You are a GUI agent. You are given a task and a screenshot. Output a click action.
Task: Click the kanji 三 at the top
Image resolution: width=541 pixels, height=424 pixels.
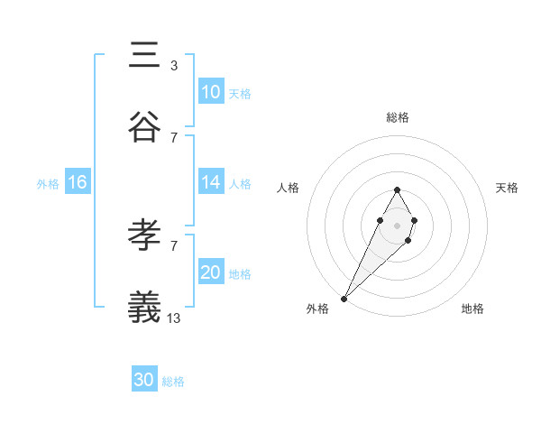click(145, 56)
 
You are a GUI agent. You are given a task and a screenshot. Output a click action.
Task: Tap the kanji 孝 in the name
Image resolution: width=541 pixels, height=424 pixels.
click(145, 235)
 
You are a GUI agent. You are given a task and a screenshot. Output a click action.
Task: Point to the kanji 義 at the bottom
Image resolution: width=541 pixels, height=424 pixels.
click(145, 308)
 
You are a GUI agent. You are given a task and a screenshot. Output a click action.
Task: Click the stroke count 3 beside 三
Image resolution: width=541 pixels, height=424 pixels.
click(173, 65)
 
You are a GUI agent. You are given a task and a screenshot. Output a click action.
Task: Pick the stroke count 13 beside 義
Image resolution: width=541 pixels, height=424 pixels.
click(174, 318)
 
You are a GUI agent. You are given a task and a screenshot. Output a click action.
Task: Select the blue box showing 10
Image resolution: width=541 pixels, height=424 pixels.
click(211, 91)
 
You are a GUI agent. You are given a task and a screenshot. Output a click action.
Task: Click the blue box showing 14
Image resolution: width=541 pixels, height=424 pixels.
click(211, 181)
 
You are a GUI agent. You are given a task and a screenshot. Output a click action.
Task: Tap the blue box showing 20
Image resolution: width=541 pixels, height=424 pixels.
click(211, 272)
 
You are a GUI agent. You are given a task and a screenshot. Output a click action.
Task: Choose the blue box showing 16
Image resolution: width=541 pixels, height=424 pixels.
click(78, 181)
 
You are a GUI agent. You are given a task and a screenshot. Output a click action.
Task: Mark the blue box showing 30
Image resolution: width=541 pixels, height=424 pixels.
click(144, 380)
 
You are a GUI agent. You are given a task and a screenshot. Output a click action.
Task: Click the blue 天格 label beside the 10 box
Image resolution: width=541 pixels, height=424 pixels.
click(240, 93)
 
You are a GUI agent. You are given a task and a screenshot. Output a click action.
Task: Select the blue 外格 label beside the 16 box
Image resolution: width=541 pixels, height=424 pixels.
click(48, 183)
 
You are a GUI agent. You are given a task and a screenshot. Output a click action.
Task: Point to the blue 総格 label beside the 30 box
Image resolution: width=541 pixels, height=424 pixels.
click(173, 382)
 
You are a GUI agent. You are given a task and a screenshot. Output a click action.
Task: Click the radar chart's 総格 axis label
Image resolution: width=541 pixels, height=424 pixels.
click(397, 117)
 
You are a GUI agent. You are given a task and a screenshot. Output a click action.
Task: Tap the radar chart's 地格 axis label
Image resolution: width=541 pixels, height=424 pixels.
click(472, 309)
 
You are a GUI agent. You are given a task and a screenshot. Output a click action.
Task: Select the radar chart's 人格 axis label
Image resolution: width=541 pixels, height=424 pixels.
click(288, 188)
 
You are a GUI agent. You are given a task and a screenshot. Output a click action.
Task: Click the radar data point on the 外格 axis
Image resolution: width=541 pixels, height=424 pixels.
click(344, 298)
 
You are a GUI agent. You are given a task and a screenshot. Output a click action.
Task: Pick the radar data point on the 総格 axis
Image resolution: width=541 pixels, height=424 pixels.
click(397, 189)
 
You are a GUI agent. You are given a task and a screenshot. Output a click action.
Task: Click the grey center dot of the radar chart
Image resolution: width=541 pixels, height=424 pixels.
click(397, 224)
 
